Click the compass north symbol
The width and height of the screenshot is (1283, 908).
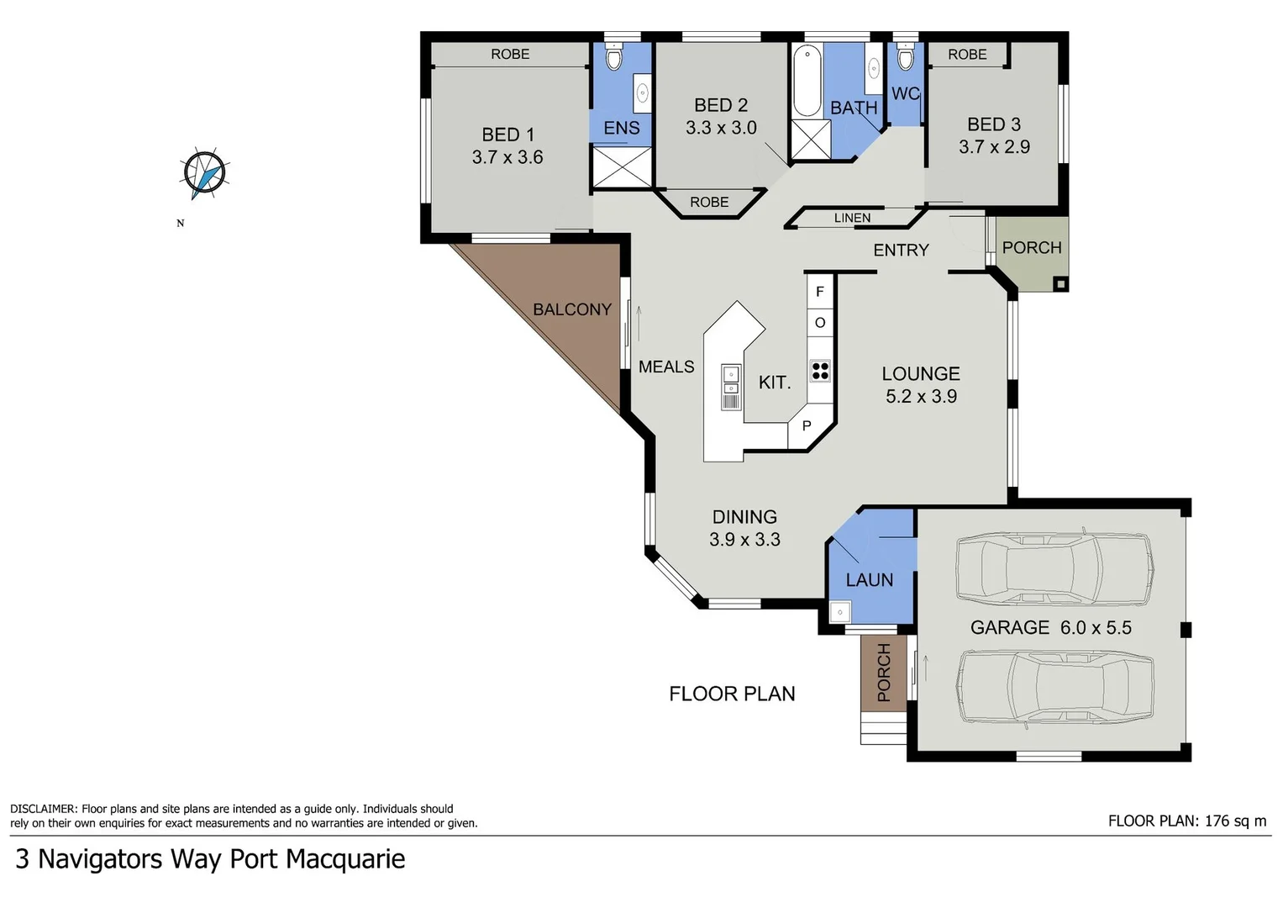point(204,175)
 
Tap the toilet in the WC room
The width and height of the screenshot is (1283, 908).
point(905,59)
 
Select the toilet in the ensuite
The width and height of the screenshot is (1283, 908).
point(613,59)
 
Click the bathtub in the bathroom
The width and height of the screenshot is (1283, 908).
point(807,82)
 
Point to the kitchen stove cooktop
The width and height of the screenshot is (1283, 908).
point(820,371)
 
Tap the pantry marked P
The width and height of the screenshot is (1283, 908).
point(806,426)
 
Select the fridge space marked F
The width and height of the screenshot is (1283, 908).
point(820,292)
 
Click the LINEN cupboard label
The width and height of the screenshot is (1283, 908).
point(852,218)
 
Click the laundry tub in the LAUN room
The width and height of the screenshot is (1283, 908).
point(839,612)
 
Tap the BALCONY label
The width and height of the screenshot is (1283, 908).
point(571,309)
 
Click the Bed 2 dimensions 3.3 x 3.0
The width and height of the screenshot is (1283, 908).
point(721,128)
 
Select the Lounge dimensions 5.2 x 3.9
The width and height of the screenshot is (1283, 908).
point(921,396)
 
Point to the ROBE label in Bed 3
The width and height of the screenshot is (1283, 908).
point(967,54)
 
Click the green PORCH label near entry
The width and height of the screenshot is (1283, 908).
point(1032,247)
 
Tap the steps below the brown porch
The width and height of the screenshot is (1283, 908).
point(882,728)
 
